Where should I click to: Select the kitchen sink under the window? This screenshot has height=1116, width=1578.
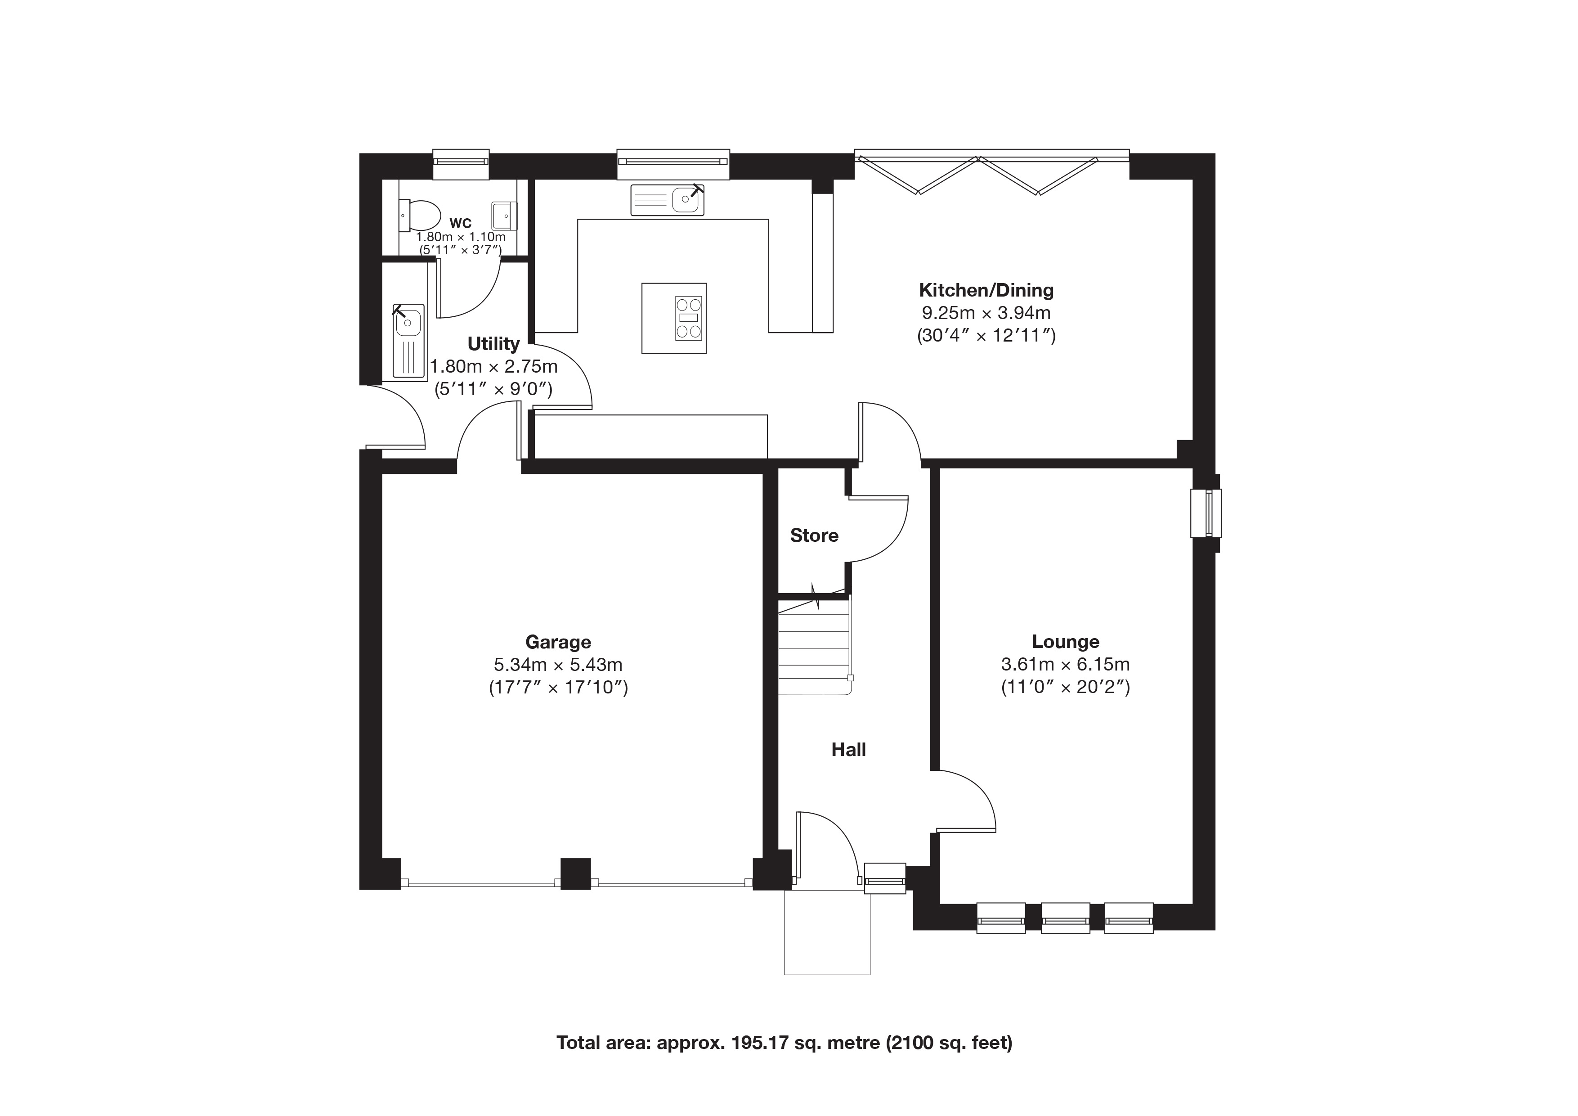(667, 200)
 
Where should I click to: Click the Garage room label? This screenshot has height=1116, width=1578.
(558, 642)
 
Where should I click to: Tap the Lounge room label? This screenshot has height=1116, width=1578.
(1065, 642)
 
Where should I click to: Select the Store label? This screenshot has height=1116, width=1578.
(815, 535)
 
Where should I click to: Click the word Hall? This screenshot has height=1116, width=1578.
(849, 750)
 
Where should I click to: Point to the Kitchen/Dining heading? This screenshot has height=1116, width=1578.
(986, 290)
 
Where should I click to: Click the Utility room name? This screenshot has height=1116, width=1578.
(493, 344)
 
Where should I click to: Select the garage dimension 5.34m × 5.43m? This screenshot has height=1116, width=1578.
(558, 665)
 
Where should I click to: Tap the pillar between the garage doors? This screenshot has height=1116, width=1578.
(576, 874)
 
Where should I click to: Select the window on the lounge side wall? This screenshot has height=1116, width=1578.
(1206, 513)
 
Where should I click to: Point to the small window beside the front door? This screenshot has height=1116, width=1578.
(884, 879)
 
